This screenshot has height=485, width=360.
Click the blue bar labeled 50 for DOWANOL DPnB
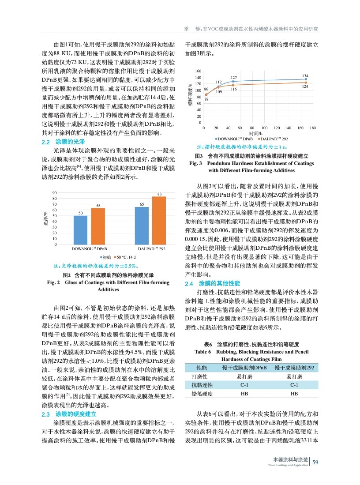(80, 229)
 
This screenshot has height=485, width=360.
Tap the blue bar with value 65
(142, 226)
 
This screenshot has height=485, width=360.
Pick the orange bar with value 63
(98, 226)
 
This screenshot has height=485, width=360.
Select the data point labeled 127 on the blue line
(233, 81)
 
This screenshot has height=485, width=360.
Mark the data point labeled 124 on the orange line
(306, 83)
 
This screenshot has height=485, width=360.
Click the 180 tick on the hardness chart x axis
(313, 128)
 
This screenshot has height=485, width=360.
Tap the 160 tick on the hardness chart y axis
(198, 71)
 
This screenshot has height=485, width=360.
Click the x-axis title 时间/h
(255, 133)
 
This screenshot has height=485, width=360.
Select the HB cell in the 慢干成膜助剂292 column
(294, 394)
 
